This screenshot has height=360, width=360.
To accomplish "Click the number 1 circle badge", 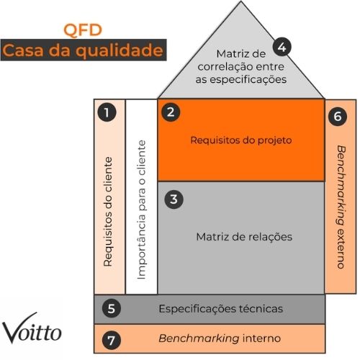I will [x=107, y=112].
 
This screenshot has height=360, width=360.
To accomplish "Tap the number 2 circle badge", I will [x=171, y=111].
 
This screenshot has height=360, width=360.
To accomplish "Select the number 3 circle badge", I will [x=172, y=199].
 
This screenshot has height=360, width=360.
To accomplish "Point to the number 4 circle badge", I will [x=282, y=48].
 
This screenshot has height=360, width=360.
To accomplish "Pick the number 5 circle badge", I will [x=109, y=309].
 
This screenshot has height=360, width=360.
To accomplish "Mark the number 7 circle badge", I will [x=109, y=338].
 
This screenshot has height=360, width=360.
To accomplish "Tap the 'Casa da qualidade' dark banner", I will [x=83, y=51].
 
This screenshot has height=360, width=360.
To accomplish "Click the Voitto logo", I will [x=32, y=331].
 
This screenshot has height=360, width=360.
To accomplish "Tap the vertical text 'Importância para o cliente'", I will [x=141, y=210].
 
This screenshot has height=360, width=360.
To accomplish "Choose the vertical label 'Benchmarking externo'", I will [x=340, y=206].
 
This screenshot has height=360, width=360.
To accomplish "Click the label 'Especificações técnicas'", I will [x=221, y=309].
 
